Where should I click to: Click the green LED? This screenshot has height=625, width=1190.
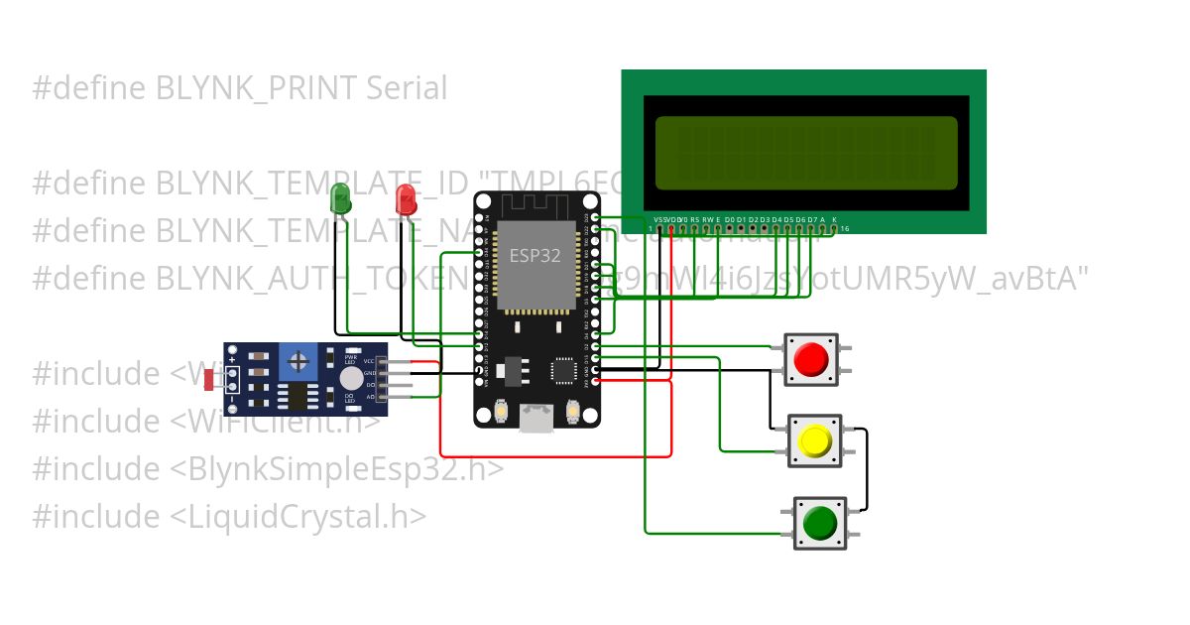[x=340, y=197]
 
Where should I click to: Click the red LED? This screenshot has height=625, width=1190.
[x=406, y=198]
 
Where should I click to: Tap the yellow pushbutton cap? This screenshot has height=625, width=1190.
[x=814, y=439]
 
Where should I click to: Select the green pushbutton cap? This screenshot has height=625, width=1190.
[x=819, y=522]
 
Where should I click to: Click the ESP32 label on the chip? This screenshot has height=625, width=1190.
[x=535, y=255]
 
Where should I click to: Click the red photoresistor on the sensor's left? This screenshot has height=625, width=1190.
[x=209, y=378]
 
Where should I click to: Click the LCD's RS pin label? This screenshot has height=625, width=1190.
[x=694, y=218]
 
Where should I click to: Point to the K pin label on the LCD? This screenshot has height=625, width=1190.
[x=834, y=218]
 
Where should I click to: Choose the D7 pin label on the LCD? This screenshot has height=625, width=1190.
[x=811, y=218]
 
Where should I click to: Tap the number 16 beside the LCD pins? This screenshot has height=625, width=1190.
[x=844, y=229]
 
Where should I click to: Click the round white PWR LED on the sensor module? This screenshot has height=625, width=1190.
[x=351, y=378]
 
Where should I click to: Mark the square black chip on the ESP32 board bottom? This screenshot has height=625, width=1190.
[x=563, y=370]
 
